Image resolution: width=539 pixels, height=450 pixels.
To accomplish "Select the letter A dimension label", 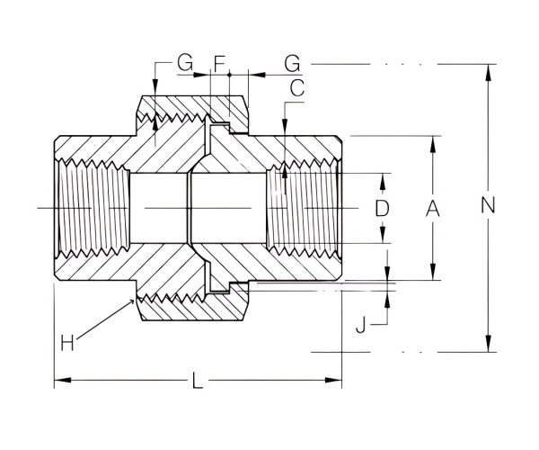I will point(432,208).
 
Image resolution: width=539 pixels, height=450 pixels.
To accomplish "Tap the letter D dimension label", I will point(382,208).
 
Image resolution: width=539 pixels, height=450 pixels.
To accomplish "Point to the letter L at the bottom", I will point(197,382).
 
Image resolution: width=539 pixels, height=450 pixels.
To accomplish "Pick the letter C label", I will point(297,87).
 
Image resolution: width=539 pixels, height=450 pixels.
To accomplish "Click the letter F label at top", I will point(218,63).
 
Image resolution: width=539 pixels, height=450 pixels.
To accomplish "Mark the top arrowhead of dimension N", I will point(488,69).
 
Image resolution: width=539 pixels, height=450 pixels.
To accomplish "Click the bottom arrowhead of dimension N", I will point(488,347).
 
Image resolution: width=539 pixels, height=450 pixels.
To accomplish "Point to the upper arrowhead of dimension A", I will point(432,140).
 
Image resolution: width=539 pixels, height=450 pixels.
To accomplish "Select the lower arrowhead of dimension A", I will point(432,275).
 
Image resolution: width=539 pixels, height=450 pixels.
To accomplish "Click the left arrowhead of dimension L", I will point(59,382).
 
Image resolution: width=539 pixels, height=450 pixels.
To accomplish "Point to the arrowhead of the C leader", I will point(284,170).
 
